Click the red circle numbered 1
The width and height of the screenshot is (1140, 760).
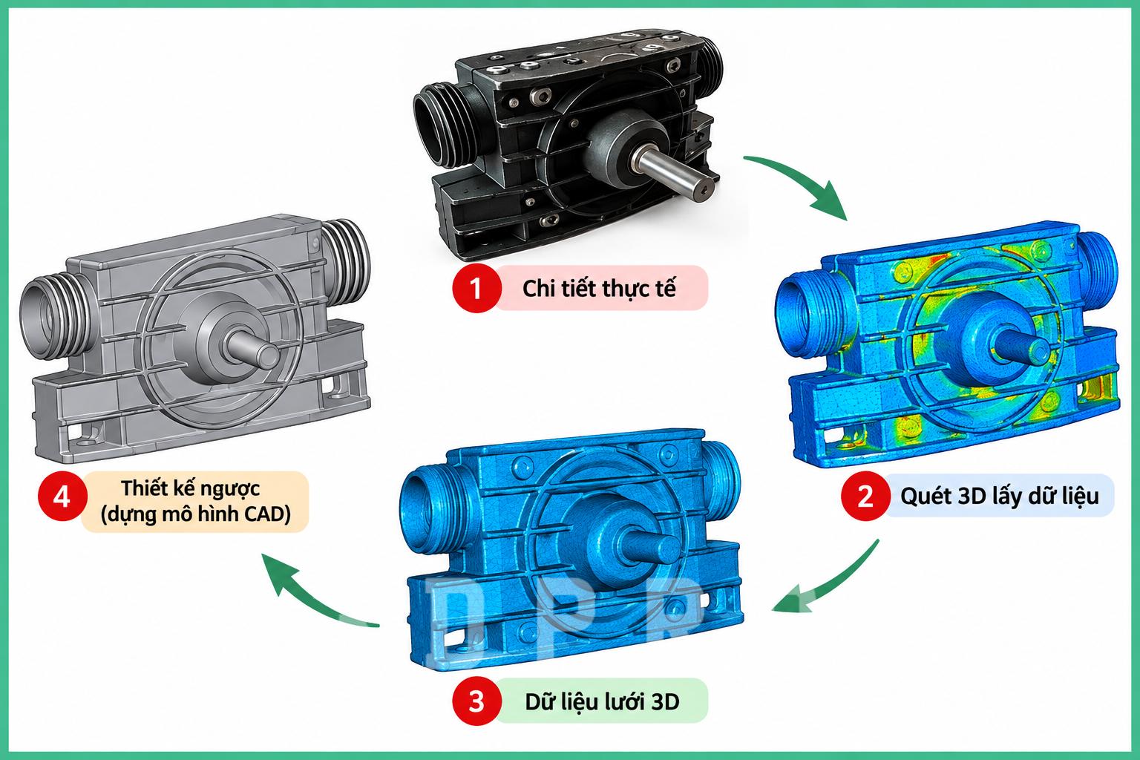point(475,288)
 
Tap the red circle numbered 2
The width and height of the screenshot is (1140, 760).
point(865,496)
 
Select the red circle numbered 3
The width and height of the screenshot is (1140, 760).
point(475,701)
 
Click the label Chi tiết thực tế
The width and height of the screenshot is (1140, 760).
point(599,289)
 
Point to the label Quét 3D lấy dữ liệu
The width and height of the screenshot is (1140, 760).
point(1000,496)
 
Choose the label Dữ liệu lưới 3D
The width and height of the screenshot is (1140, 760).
point(602,701)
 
